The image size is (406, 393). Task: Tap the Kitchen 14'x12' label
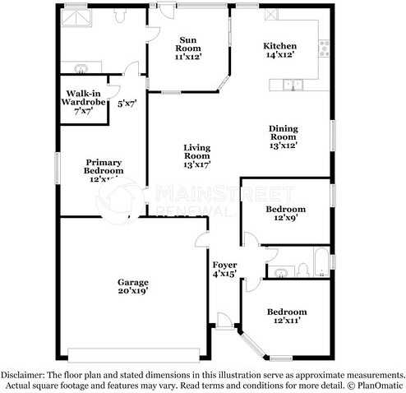pyautogui.click(x=279, y=51)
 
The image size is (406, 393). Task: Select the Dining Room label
pyautogui.click(x=284, y=136)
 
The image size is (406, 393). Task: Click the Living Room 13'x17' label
pyautogui.click(x=196, y=155)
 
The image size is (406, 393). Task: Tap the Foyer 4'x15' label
pyautogui.click(x=224, y=269)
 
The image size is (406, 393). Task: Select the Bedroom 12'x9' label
pyautogui.click(x=285, y=214)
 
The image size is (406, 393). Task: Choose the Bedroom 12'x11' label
pyautogui.click(x=286, y=317)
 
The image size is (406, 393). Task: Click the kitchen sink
pyautogui.click(x=292, y=84)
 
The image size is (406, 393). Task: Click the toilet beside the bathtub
pyautogui.click(x=300, y=268)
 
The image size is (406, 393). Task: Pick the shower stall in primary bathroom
pyautogui.click(x=78, y=21)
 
